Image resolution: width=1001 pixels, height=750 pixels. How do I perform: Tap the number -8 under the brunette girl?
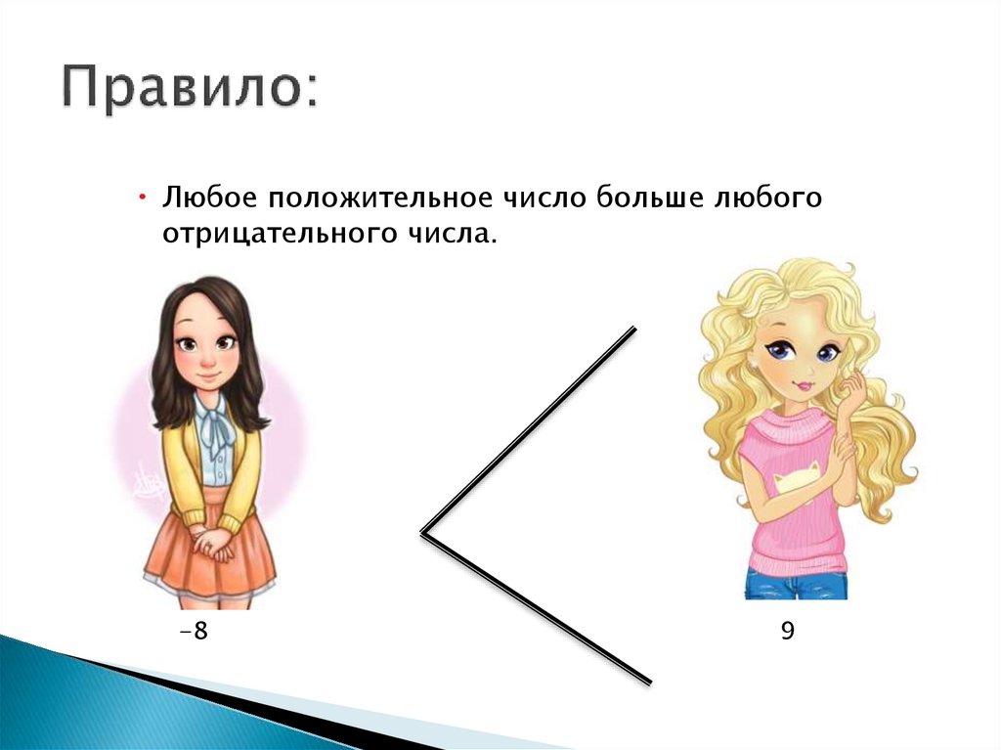194,631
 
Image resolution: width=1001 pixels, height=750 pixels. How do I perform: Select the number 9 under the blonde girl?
787,631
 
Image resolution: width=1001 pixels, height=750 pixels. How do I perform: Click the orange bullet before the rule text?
143,199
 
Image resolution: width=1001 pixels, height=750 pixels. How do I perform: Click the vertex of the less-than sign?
424,532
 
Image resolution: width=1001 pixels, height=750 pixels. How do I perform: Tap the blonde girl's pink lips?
804,385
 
